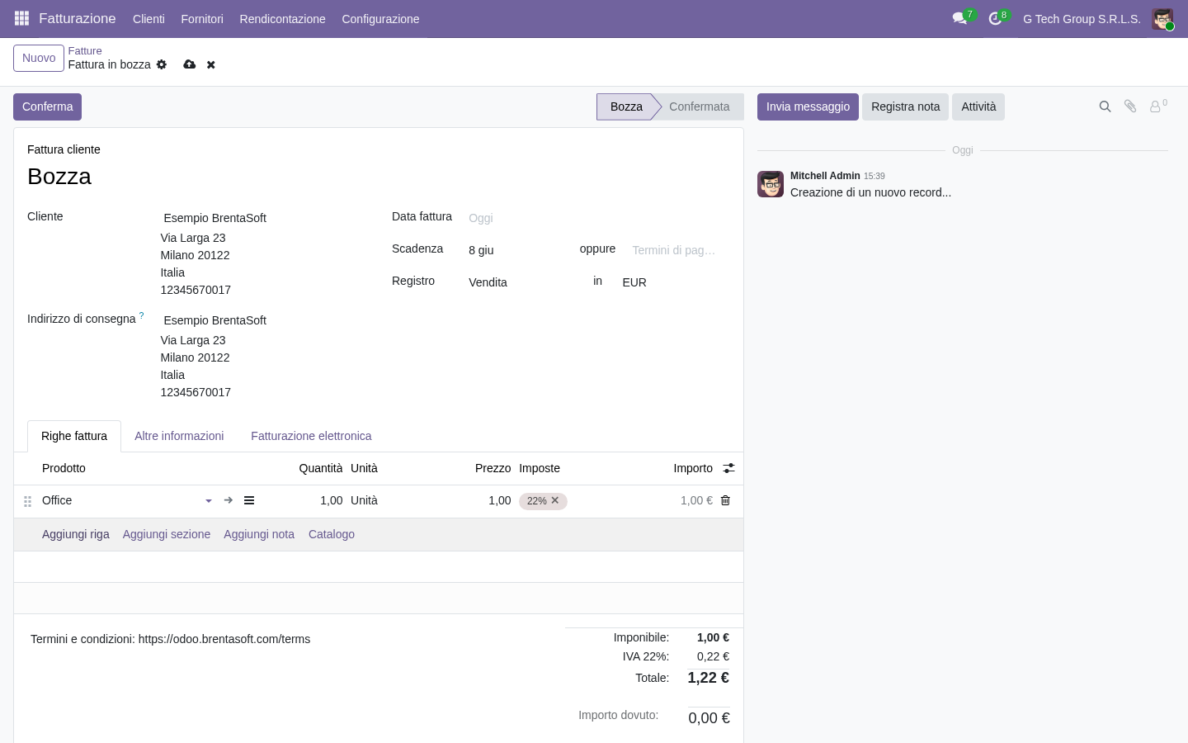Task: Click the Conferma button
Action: click(47, 106)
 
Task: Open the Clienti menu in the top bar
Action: click(148, 19)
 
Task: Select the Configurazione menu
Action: click(380, 19)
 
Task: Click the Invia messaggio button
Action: click(808, 106)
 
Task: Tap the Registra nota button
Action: click(905, 106)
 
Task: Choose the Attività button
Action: click(978, 106)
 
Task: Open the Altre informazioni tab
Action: click(179, 436)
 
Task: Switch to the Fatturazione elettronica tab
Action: click(311, 436)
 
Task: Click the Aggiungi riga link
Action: click(76, 534)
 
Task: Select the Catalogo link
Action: click(332, 534)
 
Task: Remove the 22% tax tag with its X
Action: click(554, 500)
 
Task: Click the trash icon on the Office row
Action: click(725, 500)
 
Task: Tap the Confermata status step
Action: click(699, 106)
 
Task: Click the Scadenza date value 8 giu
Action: click(481, 250)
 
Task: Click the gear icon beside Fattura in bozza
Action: click(162, 64)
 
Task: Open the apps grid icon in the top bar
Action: click(21, 18)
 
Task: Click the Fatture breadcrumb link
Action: click(85, 51)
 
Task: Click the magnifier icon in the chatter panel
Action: click(1105, 106)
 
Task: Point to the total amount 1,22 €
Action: click(708, 678)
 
